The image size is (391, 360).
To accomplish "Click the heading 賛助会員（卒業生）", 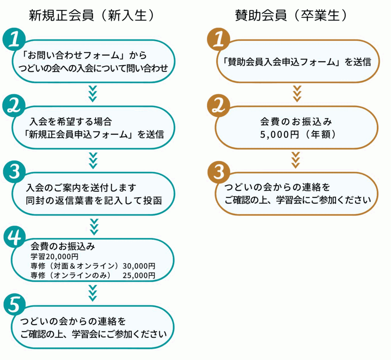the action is (291, 15).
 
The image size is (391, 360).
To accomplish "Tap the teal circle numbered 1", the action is (14, 39).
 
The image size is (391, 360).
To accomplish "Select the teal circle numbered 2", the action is (14, 106).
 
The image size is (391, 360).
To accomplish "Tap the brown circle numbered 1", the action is (219, 39).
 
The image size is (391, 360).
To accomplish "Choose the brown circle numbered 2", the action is (219, 106).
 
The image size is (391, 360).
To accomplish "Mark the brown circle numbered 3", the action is (219, 172).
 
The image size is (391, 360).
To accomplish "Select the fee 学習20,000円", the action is (55, 257).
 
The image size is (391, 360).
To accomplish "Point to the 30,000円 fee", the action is (139, 266).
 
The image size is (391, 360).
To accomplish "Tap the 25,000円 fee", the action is (139, 275).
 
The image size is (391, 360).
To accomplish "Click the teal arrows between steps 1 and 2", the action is (93, 94).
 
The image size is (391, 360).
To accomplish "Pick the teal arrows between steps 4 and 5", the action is (93, 293).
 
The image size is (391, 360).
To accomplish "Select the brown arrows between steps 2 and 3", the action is (296, 160).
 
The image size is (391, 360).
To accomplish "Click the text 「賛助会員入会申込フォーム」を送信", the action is (297, 62).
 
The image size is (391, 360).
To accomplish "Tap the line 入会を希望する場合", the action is (71, 122).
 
